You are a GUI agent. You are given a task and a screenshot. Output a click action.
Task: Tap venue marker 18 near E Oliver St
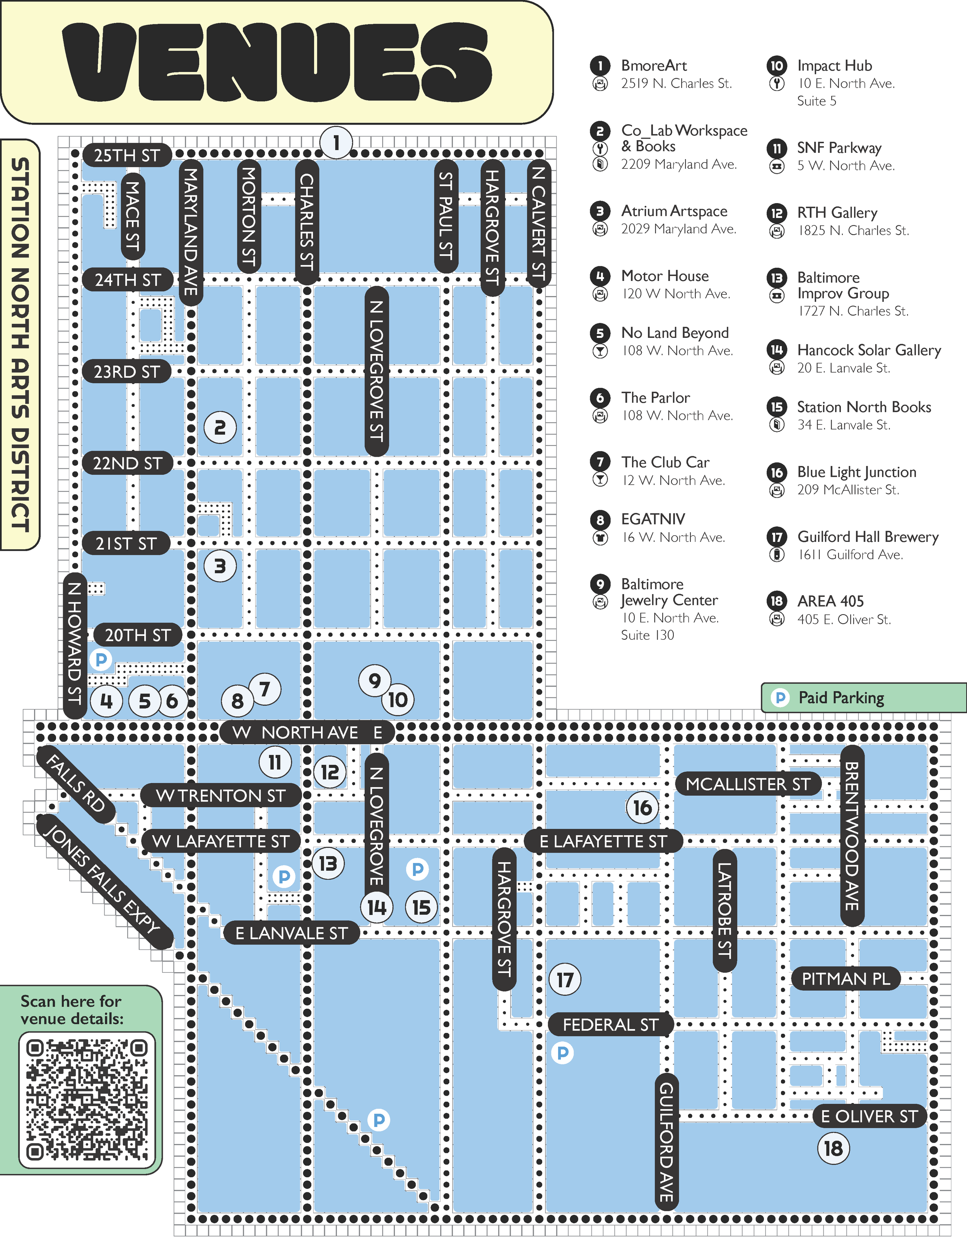pyautogui.click(x=833, y=1148)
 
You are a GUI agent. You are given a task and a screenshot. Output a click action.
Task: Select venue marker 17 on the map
pyautogui.click(x=565, y=979)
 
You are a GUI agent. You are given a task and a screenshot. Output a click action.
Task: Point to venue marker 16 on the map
pyautogui.click(x=642, y=808)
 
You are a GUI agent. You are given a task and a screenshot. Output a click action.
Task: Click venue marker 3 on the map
pyautogui.click(x=220, y=566)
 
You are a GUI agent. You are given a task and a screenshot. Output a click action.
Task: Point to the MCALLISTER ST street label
pyautogui.click(x=748, y=784)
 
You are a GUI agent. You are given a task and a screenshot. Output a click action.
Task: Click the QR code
pyautogui.click(x=87, y=1100)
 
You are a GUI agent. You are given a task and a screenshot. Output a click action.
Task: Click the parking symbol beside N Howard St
pyautogui.click(x=101, y=659)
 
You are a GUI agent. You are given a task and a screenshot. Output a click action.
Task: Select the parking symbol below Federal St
pyautogui.click(x=562, y=1053)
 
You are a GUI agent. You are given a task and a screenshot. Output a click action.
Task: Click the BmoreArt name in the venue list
pyautogui.click(x=654, y=66)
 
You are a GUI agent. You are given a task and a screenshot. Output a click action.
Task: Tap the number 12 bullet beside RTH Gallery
pyautogui.click(x=776, y=213)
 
